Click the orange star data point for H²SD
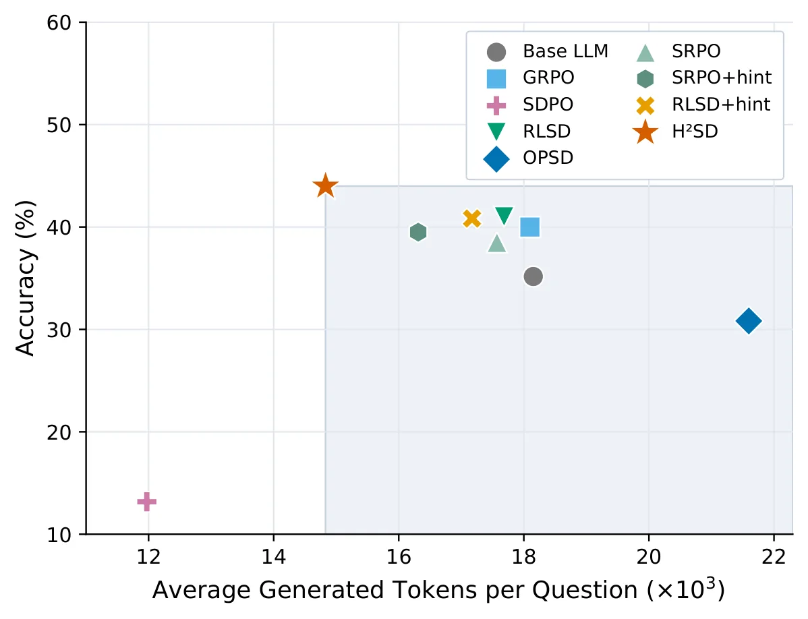[325, 186]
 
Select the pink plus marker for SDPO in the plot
[147, 502]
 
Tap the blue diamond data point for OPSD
[749, 321]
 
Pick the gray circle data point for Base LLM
[533, 276]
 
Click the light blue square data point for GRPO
[529, 227]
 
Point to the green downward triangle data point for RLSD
[503, 216]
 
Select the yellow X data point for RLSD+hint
[472, 218]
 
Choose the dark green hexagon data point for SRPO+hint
[418, 232]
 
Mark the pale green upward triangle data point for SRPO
[497, 243]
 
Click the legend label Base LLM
[565, 51]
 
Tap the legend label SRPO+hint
[722, 78]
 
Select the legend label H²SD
[695, 131]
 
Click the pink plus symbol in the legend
[496, 105]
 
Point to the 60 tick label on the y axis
[59, 23]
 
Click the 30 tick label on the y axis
[59, 330]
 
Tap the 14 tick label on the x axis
[273, 557]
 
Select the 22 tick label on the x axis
[774, 557]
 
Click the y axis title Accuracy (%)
[25, 278]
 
